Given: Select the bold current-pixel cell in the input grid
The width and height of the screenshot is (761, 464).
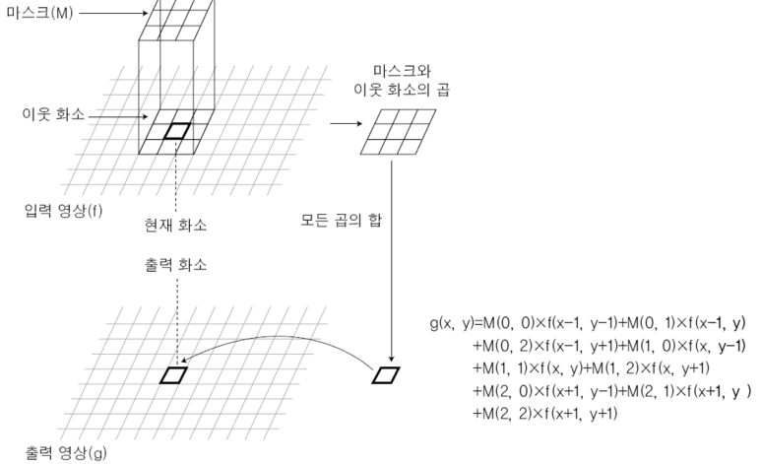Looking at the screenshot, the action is pos(177,130).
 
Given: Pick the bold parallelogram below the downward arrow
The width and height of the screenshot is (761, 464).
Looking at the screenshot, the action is pos(386,374).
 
